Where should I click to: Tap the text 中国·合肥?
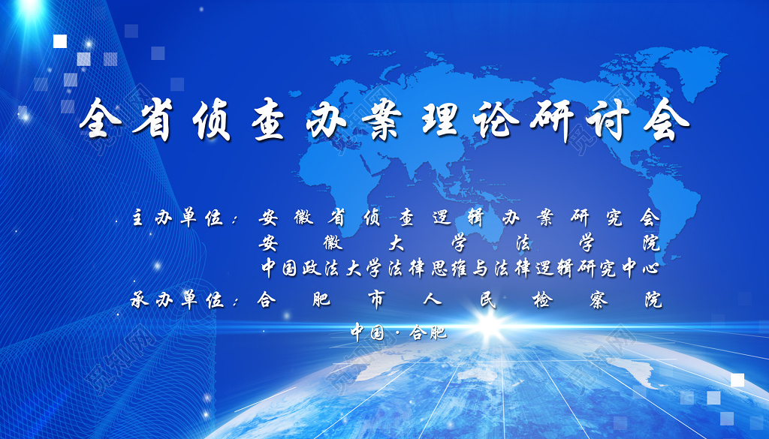pyautogui.click(x=399, y=332)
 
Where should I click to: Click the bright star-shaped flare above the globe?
pyautogui.click(x=490, y=326)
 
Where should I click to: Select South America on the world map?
pyautogui.click(x=661, y=195)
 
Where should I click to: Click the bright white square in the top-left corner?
pyautogui.click(x=60, y=41)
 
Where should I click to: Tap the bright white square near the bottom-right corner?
pyautogui.click(x=737, y=380)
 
